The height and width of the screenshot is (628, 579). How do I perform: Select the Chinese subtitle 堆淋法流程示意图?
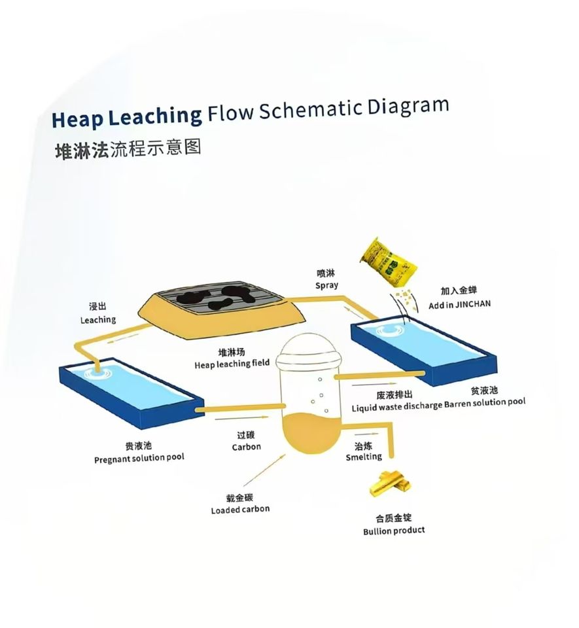pyautogui.click(x=128, y=148)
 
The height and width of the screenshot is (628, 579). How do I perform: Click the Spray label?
pyautogui.click(x=326, y=285)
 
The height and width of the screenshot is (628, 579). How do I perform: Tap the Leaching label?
pyautogui.click(x=98, y=320)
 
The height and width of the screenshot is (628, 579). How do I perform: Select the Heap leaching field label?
pyautogui.click(x=232, y=364)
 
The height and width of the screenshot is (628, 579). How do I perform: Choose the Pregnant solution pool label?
pyautogui.click(x=139, y=457)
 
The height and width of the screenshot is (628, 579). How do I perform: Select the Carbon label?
pyautogui.click(x=246, y=447)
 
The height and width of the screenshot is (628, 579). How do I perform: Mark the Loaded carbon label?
pyautogui.click(x=240, y=509)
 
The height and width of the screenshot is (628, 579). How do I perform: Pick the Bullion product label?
pyautogui.click(x=394, y=531)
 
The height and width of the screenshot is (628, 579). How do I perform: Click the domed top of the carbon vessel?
pyautogui.click(x=306, y=349)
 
